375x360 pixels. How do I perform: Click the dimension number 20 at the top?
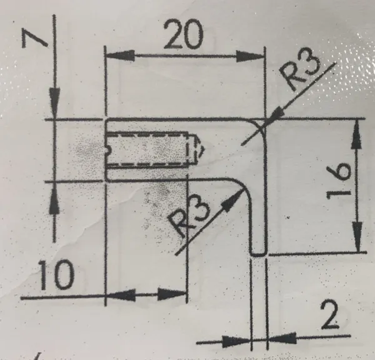(184, 34)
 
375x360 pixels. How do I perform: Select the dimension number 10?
(56, 275)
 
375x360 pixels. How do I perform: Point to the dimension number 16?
(339, 181)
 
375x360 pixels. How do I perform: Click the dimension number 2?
(329, 315)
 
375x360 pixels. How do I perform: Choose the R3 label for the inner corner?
(189, 217)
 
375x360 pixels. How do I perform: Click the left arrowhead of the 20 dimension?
(119, 56)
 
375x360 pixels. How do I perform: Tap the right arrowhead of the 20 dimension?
(251, 57)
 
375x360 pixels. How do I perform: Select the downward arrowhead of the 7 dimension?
(54, 103)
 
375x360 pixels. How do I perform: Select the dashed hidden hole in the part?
(153, 150)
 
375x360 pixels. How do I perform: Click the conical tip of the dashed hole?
(199, 150)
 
